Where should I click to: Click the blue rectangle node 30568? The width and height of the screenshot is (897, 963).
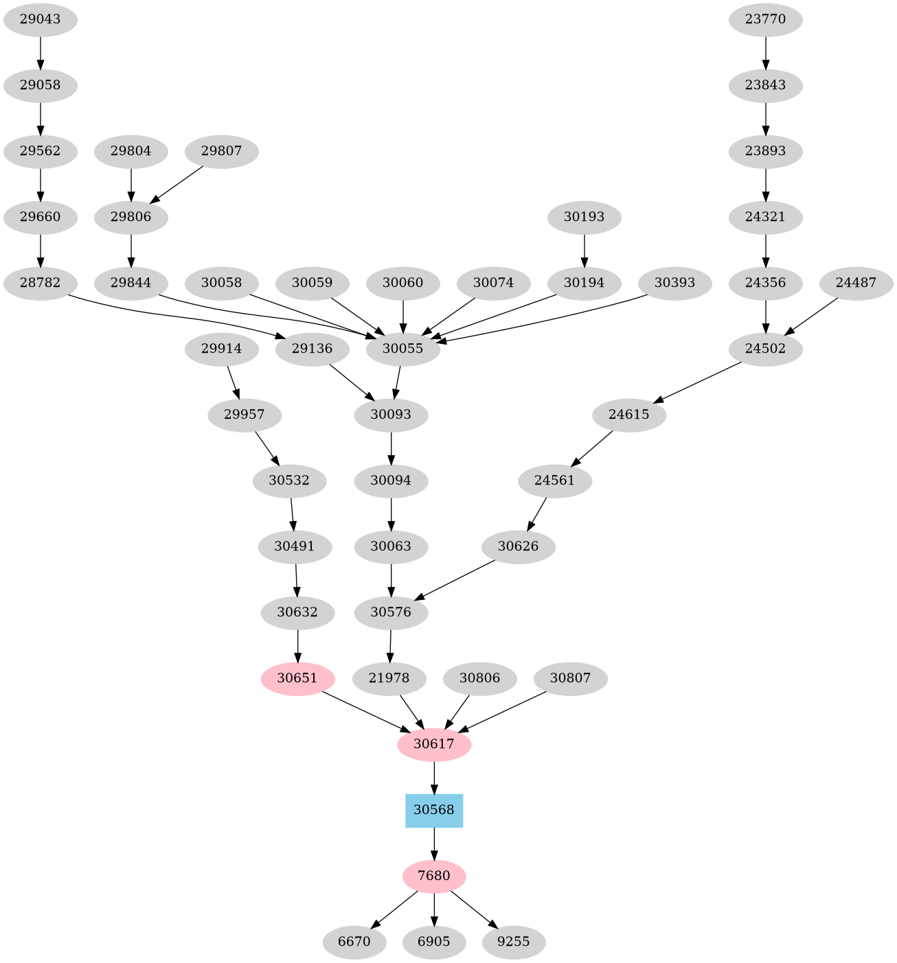click(x=434, y=811)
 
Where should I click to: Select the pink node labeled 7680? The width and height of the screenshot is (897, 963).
click(x=434, y=877)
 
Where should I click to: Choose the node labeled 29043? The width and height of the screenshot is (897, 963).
click(x=41, y=19)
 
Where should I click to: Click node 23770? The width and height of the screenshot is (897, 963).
click(x=766, y=19)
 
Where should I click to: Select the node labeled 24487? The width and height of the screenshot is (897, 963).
click(x=856, y=283)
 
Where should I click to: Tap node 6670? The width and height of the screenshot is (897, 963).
click(x=354, y=942)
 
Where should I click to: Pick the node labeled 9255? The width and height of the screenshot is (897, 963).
click(x=514, y=942)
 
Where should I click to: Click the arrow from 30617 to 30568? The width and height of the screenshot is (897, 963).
click(x=434, y=778)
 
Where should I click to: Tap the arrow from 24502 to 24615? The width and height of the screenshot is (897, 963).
click(x=697, y=382)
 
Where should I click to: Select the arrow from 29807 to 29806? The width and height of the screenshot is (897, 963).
click(x=177, y=184)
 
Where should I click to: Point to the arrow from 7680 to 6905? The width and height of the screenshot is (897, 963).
click(x=434, y=909)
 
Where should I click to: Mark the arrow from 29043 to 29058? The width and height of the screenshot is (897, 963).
click(x=41, y=52)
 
